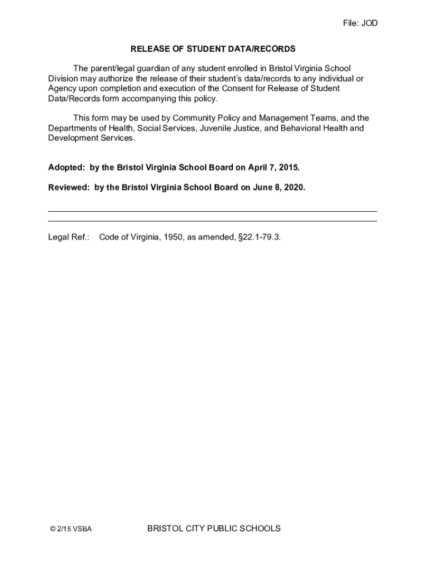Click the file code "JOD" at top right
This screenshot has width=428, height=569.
369,23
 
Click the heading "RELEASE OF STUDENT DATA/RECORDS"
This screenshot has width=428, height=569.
213,49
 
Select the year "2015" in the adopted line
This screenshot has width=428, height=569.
289,167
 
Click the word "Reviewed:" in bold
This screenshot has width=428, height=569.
68,188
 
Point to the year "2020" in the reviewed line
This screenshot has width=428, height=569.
295,188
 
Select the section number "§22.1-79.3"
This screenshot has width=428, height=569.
258,237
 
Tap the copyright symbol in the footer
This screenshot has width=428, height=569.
52,529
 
